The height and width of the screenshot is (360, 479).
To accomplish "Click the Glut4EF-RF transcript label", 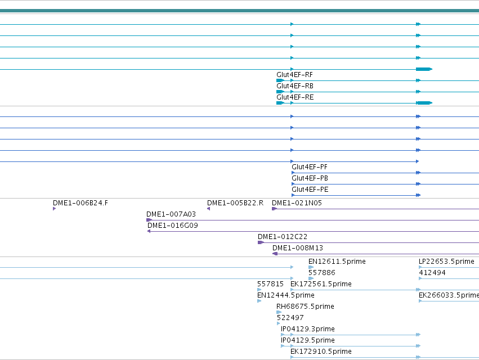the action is [294, 75].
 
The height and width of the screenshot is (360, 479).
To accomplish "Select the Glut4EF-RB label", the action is [295, 86].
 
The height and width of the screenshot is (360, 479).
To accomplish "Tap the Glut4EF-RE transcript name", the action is [295, 97].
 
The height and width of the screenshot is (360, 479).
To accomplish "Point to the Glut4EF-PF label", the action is [310, 167].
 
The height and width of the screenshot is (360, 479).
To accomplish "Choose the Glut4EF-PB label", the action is [310, 178].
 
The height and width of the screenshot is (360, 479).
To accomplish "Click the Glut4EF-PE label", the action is [310, 190].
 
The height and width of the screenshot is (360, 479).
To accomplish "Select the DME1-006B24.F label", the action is [80, 203].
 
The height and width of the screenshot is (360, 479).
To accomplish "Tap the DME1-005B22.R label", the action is [235, 203].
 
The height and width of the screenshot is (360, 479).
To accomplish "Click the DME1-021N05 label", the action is [297, 203].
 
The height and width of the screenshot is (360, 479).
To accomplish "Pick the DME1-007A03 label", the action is [171, 214].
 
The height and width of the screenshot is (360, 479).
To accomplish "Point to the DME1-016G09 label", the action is [173, 226].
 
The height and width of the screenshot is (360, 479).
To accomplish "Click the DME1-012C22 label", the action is [283, 237].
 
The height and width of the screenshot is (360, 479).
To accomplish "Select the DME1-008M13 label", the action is [298, 248].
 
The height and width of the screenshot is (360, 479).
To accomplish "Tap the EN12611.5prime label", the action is [337, 262].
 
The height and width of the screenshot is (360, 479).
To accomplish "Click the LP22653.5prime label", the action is [446, 262].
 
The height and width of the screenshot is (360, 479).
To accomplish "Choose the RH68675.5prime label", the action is [305, 307].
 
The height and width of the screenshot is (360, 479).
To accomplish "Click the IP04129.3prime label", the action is [308, 329].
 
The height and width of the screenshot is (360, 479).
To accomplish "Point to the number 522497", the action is [290, 318].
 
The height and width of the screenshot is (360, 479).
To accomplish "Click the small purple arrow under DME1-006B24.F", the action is [55, 209].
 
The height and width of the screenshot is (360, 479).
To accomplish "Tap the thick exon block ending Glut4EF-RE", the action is [424, 103].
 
